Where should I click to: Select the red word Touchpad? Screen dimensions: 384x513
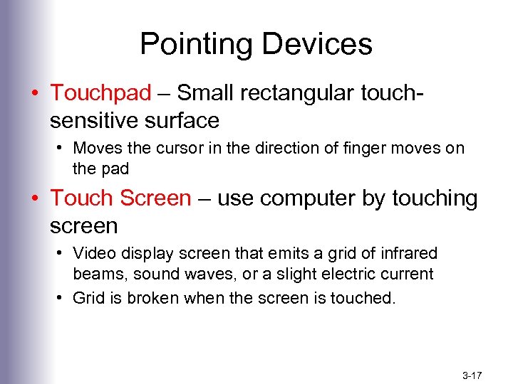click(x=100, y=92)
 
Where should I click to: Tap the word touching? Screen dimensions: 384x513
click(x=434, y=198)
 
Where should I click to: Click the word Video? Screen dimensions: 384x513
click(x=92, y=253)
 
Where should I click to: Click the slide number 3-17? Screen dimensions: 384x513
click(x=473, y=374)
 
